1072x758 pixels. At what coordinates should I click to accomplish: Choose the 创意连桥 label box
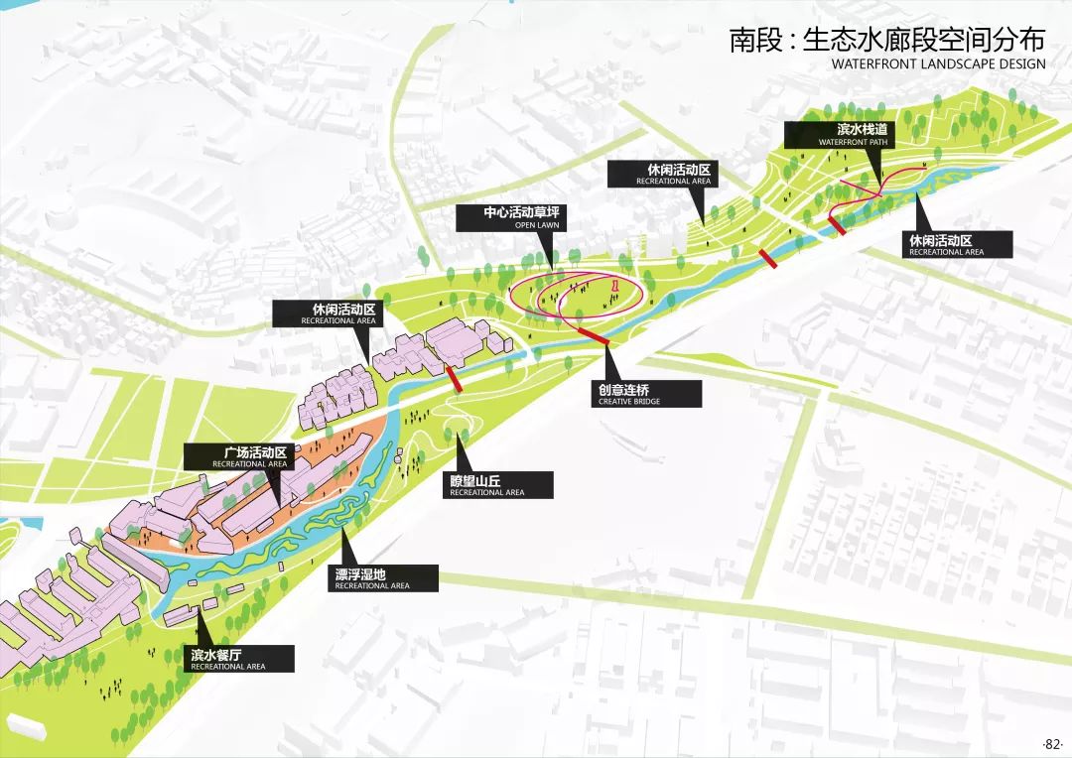click(x=642, y=394)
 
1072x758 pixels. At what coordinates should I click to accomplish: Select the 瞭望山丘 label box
click(x=496, y=485)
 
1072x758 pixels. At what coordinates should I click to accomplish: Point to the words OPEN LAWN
click(x=537, y=226)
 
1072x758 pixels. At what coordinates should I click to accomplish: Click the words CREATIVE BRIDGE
click(x=629, y=402)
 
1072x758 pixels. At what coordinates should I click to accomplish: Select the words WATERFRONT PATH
click(x=855, y=143)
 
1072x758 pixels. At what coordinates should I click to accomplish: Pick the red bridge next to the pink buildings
click(x=454, y=377)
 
